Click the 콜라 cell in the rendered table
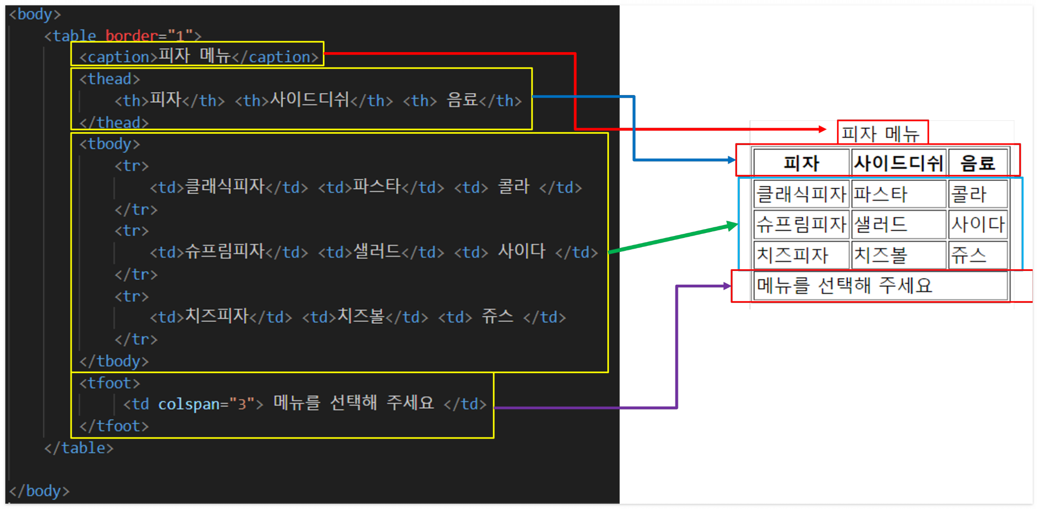point(977,194)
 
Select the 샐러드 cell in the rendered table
point(898,225)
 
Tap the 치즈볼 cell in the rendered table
point(898,255)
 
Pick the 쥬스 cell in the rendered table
point(977,255)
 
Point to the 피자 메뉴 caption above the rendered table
point(881,133)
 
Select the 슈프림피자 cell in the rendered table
point(801,225)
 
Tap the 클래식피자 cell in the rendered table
point(801,194)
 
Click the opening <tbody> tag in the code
point(110,144)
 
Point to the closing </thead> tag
point(114,122)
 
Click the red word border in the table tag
point(131,36)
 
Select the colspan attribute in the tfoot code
point(189,404)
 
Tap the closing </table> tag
point(79,448)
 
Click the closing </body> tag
point(39,491)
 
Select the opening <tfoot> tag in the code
point(110,383)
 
